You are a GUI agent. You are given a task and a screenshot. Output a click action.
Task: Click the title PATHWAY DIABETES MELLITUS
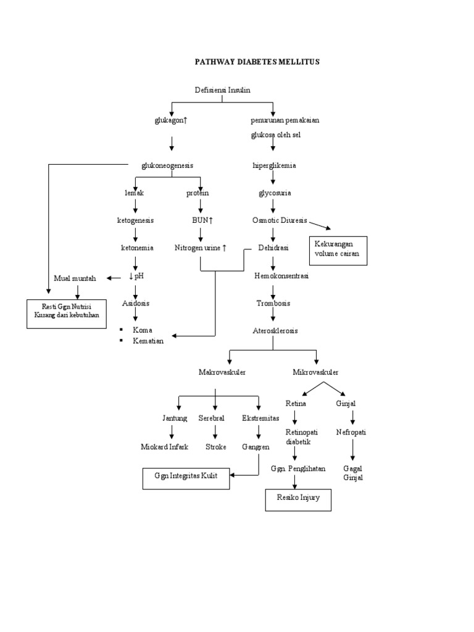(x=257, y=62)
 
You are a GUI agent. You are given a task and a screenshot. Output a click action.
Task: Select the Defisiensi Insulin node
(x=223, y=90)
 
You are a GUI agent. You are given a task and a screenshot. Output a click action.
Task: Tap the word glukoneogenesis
(x=167, y=165)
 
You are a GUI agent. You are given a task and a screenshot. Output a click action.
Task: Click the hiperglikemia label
(x=274, y=165)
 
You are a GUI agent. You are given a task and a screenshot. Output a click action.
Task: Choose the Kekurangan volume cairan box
(x=338, y=250)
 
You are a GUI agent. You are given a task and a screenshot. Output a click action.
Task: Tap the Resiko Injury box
(x=298, y=499)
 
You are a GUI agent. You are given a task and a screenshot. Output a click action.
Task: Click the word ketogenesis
(x=135, y=220)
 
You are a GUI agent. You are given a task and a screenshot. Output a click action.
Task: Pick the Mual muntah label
(x=75, y=278)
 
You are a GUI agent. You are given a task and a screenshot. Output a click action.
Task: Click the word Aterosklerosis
(x=275, y=331)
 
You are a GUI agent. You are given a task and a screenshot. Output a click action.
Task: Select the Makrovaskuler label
(x=222, y=373)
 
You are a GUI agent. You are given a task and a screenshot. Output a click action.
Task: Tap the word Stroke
(x=216, y=447)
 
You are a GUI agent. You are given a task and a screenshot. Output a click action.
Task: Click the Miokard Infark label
(x=164, y=447)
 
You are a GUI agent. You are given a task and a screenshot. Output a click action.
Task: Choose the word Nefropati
(x=351, y=433)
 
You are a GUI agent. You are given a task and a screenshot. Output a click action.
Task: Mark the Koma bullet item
(x=142, y=330)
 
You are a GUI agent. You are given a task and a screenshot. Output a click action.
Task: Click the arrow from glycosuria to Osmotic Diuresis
(x=273, y=207)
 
